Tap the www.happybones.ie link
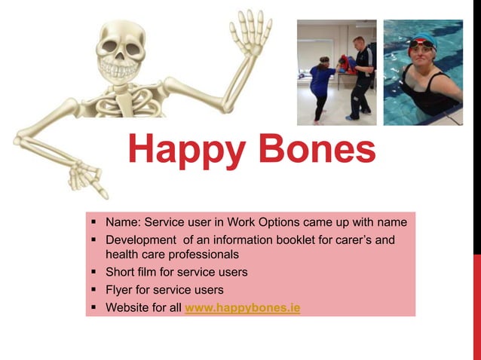point(242,308)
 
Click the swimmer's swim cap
point(423,44)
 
